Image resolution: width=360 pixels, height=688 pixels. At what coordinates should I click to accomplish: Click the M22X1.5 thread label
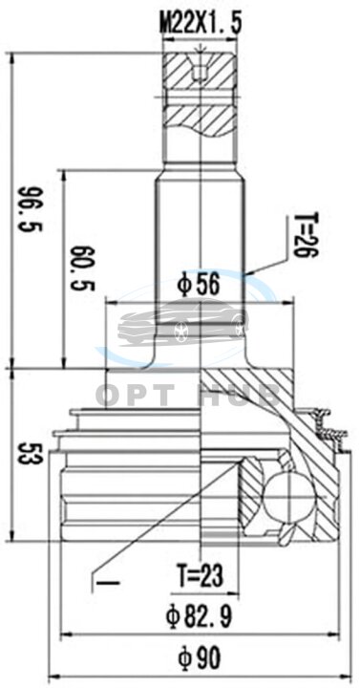pos(201,23)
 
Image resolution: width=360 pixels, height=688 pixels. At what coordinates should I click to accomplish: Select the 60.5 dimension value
pos(83,269)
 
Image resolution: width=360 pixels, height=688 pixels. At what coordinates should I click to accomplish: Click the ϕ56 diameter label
pos(198,286)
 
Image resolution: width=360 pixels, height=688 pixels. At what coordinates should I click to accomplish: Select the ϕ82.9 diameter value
pos(199,616)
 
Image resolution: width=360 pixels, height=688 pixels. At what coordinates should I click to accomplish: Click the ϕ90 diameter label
pos(200,658)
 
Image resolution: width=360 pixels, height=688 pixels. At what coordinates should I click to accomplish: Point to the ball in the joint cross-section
pos(290,498)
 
